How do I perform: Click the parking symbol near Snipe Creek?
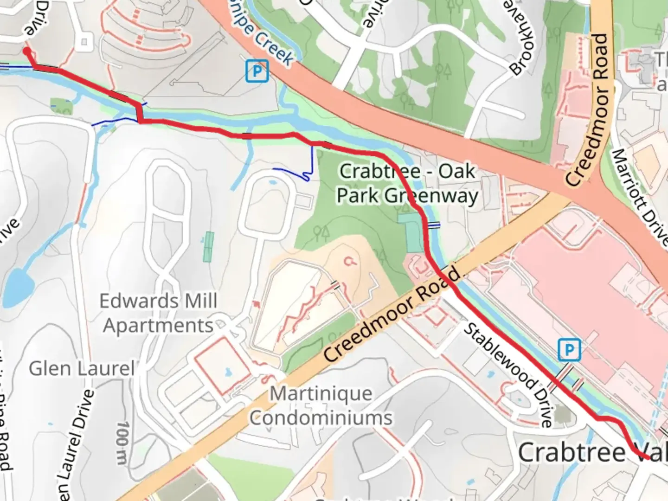257,71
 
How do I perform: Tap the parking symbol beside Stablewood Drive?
569,349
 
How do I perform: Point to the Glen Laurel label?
82,369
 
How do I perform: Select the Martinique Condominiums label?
321,406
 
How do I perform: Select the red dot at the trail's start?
27,51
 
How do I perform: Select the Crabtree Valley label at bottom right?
592,452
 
